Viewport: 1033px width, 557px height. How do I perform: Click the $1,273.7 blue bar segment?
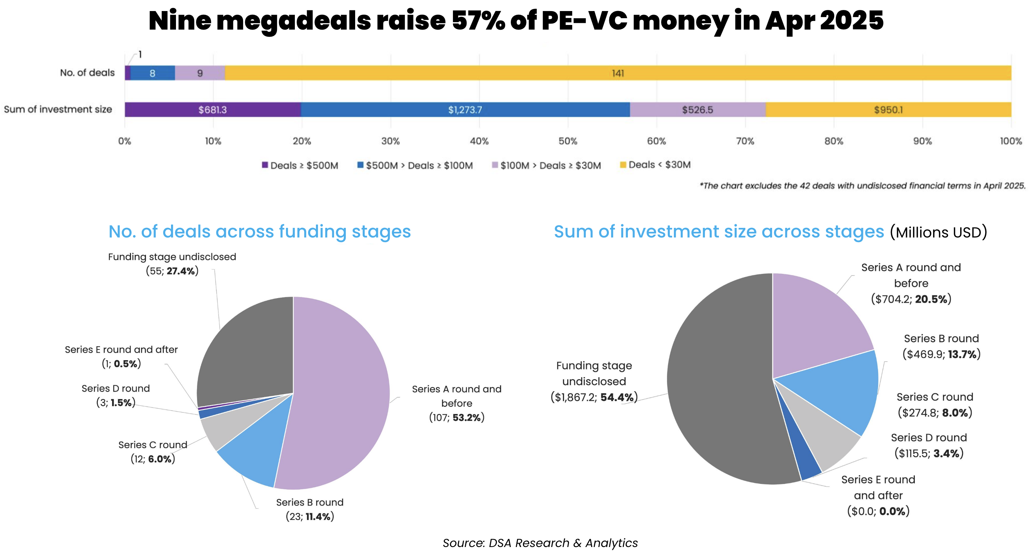pyautogui.click(x=465, y=109)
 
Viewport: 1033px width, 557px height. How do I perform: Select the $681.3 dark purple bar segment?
pyautogui.click(x=212, y=109)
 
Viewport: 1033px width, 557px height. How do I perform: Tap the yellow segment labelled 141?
pyautogui.click(x=618, y=73)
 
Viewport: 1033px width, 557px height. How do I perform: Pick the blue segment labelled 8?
pyautogui.click(x=152, y=73)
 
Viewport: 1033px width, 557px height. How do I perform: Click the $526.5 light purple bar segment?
pyautogui.click(x=697, y=109)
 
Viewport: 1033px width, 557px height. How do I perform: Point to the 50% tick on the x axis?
pyautogui.click(x=568, y=141)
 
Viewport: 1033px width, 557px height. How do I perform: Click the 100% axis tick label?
pyautogui.click(x=1011, y=141)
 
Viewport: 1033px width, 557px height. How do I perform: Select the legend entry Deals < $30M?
pyautogui.click(x=655, y=165)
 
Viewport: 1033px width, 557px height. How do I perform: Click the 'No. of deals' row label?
pyautogui.click(x=87, y=72)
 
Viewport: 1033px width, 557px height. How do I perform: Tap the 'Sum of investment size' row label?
pyautogui.click(x=58, y=109)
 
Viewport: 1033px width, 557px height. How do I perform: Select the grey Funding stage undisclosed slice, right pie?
pyautogui.click(x=722, y=401)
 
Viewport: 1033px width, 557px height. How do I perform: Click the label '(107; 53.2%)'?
pyautogui.click(x=457, y=418)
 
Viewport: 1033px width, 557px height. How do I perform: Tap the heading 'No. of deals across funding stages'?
pyautogui.click(x=260, y=232)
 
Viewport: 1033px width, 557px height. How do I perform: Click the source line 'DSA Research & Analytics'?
pyautogui.click(x=540, y=543)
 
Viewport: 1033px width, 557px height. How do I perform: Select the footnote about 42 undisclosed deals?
pyautogui.click(x=862, y=186)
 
